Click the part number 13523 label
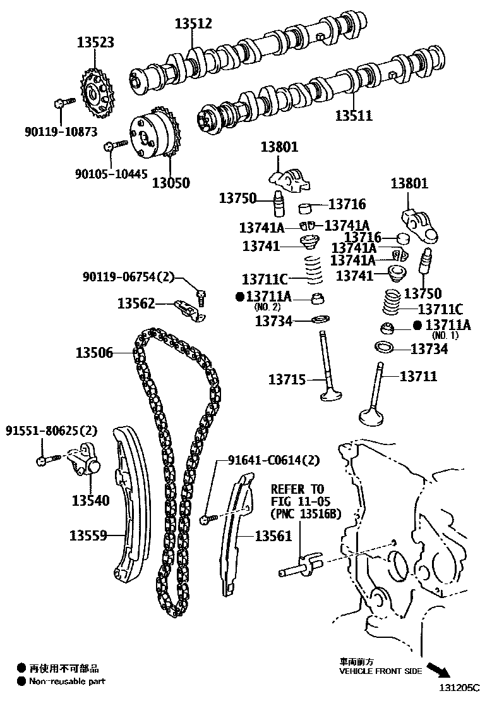click(x=95, y=42)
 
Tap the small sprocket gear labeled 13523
click(x=96, y=97)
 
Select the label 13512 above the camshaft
click(x=193, y=24)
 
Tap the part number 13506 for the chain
click(x=94, y=353)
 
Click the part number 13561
click(x=273, y=536)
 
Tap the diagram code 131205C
click(x=456, y=687)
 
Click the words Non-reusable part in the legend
click(x=67, y=681)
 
